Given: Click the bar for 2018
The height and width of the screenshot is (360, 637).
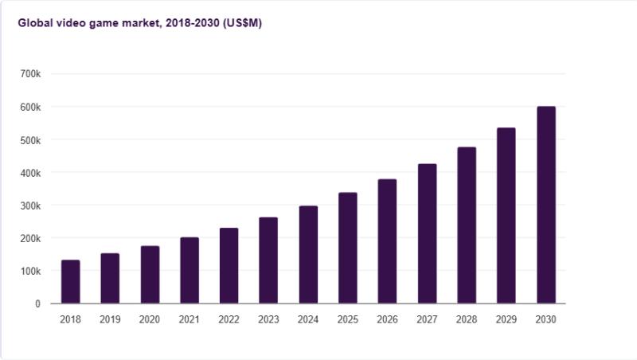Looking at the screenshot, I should click(71, 282).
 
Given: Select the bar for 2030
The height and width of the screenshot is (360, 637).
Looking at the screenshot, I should click(546, 205).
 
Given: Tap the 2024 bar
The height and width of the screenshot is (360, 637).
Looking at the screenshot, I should click(308, 255).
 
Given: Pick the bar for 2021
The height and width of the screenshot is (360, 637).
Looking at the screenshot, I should click(190, 271).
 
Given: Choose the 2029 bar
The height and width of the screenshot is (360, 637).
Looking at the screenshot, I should click(506, 216).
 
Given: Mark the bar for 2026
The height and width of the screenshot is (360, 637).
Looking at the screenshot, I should click(388, 241).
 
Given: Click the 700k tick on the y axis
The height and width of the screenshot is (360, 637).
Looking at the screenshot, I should click(30, 74).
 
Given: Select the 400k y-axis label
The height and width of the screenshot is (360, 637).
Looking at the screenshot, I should click(30, 172).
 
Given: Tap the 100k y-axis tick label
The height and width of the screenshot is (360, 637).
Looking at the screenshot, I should click(30, 271).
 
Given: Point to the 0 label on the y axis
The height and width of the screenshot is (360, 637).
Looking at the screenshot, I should click(37, 303).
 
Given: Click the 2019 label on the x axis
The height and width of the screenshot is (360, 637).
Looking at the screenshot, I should click(110, 319).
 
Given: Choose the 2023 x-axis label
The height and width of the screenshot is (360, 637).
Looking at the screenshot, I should click(268, 319).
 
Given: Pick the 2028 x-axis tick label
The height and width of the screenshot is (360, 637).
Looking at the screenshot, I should click(467, 319).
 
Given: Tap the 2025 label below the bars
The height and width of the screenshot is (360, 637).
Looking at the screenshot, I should click(348, 319).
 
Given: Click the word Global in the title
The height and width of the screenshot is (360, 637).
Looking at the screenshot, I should click(34, 23).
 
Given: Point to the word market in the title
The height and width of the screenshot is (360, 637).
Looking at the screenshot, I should click(141, 23).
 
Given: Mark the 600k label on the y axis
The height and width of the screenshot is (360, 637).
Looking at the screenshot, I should click(30, 107).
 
